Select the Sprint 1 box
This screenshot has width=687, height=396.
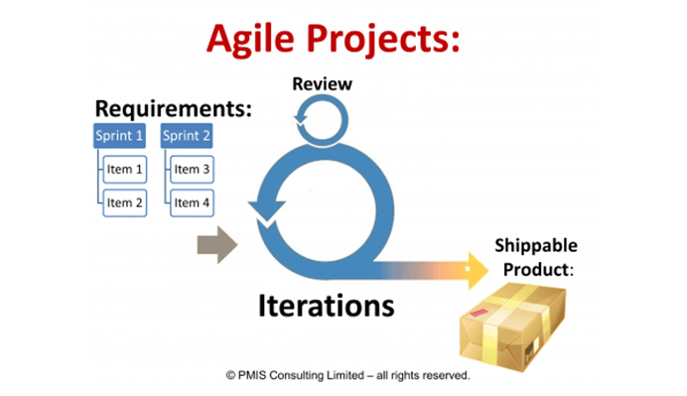(120, 136)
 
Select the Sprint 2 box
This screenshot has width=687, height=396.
(186, 136)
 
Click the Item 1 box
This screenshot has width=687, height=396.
(125, 170)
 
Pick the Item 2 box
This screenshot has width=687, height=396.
(125, 202)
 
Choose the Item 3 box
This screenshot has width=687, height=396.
(192, 170)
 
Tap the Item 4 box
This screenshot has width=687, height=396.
(192, 202)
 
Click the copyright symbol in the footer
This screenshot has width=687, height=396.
(230, 376)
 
